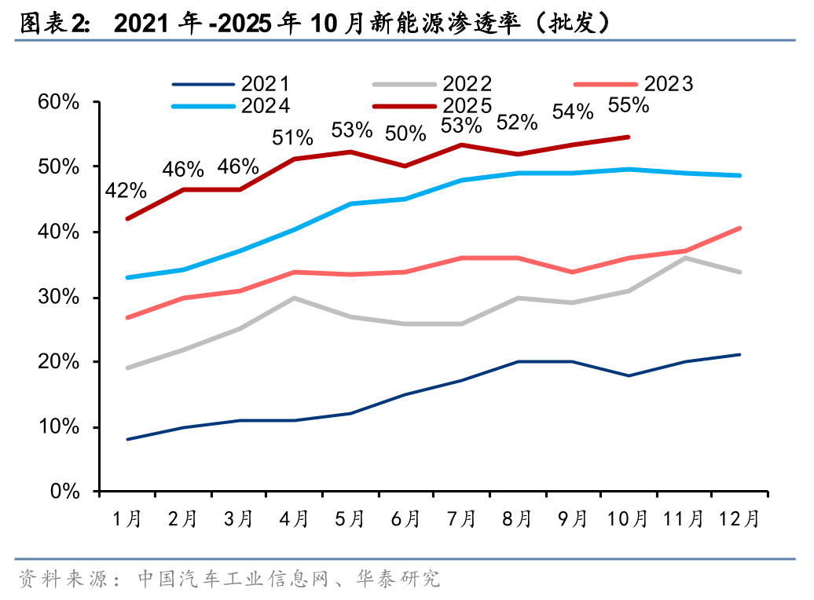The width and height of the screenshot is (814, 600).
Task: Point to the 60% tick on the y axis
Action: (x=60, y=102)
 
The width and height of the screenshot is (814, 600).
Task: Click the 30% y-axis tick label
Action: (x=60, y=297)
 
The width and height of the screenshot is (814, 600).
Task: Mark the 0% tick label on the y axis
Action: (x=66, y=492)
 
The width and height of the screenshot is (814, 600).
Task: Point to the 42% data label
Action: (x=126, y=190)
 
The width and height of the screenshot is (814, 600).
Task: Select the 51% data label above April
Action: (x=292, y=138)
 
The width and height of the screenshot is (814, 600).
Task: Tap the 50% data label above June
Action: (x=405, y=134)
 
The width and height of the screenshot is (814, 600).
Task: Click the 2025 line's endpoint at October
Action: (x=629, y=137)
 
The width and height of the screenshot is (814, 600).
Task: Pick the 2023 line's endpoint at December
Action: (x=739, y=229)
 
